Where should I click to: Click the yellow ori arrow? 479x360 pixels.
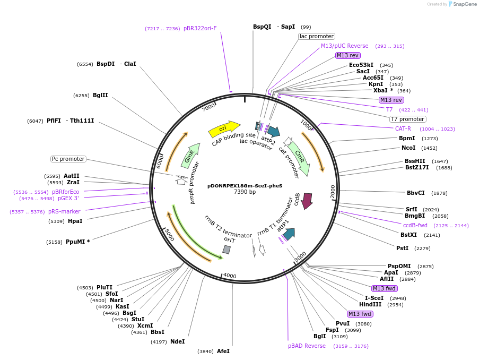(x=224, y=128)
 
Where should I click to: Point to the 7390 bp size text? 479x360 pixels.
(x=245, y=192)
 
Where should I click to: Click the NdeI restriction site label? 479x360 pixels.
(x=177, y=341)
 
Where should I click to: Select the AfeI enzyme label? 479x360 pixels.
(x=223, y=351)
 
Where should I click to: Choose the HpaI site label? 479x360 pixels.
(x=75, y=221)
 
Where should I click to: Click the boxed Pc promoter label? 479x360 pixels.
(x=68, y=159)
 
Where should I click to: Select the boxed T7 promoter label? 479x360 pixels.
(x=407, y=119)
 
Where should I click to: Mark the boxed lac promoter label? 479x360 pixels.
(x=317, y=36)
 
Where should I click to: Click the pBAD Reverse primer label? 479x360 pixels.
(x=307, y=346)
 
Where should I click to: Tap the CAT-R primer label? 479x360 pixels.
(x=403, y=128)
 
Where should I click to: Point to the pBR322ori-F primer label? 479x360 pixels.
(x=200, y=28)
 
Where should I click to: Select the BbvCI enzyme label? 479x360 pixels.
(x=416, y=193)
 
